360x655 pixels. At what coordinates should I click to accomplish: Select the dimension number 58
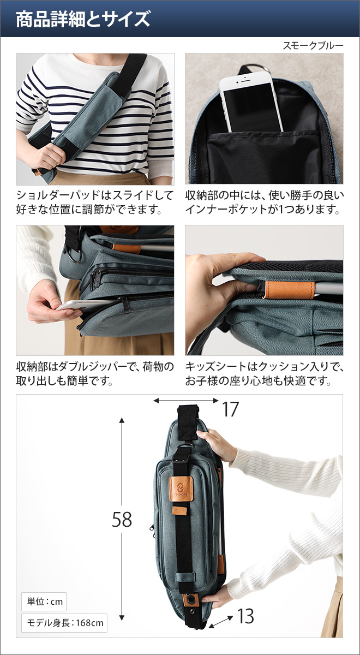122,520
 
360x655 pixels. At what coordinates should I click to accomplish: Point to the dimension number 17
230,409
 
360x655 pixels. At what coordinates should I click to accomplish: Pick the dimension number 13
245,616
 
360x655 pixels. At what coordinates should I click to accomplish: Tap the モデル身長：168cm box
64,622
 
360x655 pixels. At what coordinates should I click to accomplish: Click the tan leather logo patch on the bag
179,486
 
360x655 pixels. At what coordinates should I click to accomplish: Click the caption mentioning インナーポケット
265,202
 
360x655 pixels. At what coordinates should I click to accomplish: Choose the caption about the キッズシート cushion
265,373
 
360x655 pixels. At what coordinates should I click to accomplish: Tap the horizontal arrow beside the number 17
186,401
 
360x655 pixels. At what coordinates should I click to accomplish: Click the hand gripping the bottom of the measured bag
218,598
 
